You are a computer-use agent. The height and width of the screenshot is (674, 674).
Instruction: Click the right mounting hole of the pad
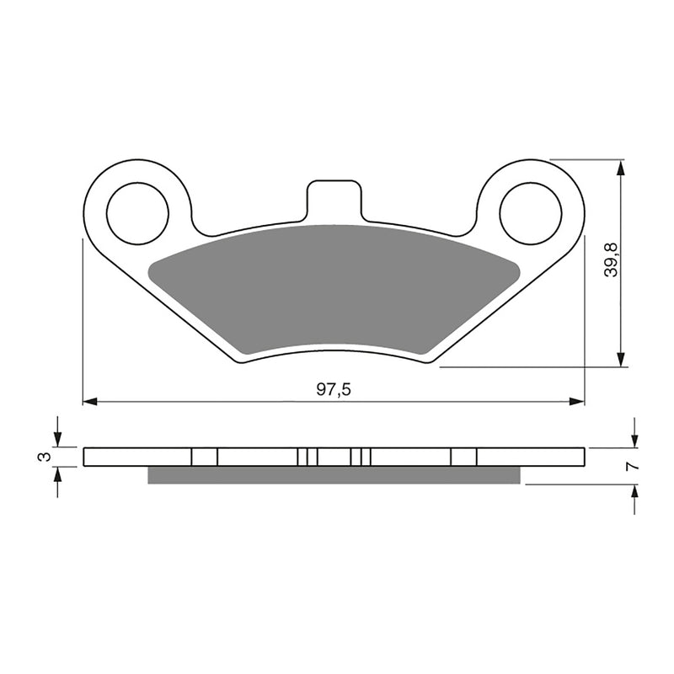530,211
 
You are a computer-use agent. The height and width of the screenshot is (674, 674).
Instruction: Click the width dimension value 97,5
334,389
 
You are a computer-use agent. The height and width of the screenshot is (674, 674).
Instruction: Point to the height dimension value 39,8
612,259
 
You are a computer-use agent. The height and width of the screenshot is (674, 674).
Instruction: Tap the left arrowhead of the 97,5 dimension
89,401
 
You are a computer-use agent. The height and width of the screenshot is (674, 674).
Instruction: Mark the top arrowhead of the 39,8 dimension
622,166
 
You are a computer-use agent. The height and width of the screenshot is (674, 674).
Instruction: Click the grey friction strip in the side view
334,475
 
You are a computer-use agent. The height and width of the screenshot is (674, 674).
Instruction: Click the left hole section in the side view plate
205,457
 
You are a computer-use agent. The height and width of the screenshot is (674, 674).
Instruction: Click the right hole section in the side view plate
463,457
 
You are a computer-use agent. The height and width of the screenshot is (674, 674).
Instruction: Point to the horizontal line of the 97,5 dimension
211,401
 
